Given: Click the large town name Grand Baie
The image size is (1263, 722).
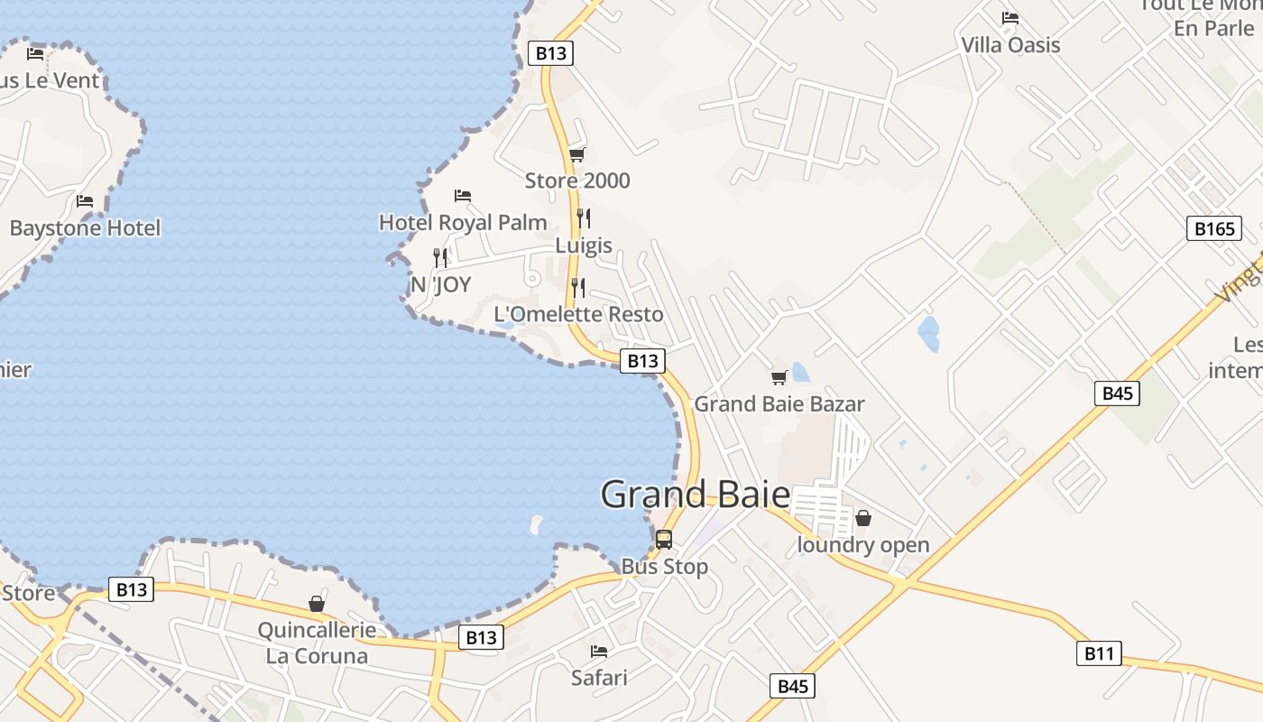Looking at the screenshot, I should pyautogui.click(x=695, y=495).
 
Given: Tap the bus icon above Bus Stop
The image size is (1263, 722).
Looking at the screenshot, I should pyautogui.click(x=664, y=540).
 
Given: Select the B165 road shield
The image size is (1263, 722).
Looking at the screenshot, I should pyautogui.click(x=1213, y=228).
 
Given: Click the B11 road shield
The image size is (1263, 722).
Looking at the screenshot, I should pyautogui.click(x=1099, y=653).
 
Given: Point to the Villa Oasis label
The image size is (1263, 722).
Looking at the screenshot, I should pyautogui.click(x=1010, y=44).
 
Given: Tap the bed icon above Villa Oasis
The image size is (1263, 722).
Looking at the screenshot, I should pyautogui.click(x=1010, y=17).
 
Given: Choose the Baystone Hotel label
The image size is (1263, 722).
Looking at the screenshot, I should pyautogui.click(x=85, y=227).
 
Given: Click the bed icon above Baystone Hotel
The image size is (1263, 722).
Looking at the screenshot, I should pyautogui.click(x=85, y=200).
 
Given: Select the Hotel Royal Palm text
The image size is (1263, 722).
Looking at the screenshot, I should pyautogui.click(x=463, y=222).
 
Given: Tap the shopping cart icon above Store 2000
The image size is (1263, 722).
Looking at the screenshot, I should pyautogui.click(x=577, y=154).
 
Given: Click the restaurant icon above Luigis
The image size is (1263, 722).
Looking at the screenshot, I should pyautogui.click(x=584, y=218).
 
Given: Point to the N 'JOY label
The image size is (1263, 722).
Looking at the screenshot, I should pyautogui.click(x=440, y=284).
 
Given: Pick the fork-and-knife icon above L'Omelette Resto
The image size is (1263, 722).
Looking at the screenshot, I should pyautogui.click(x=578, y=288).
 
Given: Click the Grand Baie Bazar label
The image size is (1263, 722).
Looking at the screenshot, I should pyautogui.click(x=779, y=403).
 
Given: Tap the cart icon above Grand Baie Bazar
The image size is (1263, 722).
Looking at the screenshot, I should pyautogui.click(x=779, y=377).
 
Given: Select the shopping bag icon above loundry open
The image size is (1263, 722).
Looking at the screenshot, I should pyautogui.click(x=863, y=518).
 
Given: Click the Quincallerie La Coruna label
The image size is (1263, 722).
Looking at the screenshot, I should pyautogui.click(x=317, y=643).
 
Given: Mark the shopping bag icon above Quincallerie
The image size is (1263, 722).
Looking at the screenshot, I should pyautogui.click(x=317, y=603).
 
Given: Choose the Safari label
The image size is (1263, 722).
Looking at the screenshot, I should pyautogui.click(x=599, y=677).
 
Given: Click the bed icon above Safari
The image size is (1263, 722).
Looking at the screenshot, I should pyautogui.click(x=599, y=651).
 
